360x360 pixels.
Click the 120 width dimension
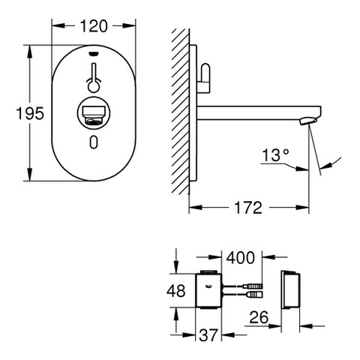tap(94, 26)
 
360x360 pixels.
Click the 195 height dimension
tap(30, 113)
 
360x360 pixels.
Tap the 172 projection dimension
tap(248, 208)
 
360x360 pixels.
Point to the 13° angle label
tap(275, 155)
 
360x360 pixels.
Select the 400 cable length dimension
tap(241, 257)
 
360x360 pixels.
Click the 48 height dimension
tap(176, 291)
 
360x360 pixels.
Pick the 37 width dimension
tap(208, 335)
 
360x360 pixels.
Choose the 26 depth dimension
tap(259, 317)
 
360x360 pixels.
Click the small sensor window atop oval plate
tap(94, 53)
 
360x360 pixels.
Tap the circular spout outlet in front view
tap(94, 113)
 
